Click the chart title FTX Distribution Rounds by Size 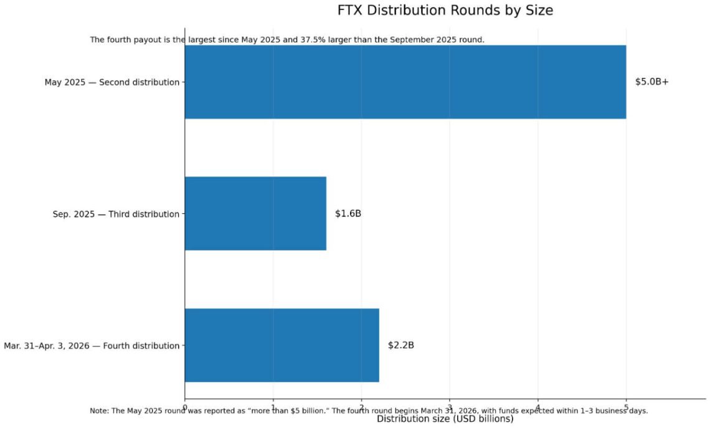click(x=445, y=11)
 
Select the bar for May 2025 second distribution click(x=405, y=82)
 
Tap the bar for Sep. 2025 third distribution click(x=255, y=214)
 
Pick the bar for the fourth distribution click(x=282, y=345)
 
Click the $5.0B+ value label click(x=651, y=82)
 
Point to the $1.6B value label click(x=348, y=214)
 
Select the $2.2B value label click(x=400, y=345)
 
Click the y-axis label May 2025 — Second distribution click(x=112, y=82)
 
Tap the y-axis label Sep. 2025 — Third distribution click(x=116, y=214)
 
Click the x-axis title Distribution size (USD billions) click(x=445, y=419)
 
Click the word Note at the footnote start click(x=98, y=411)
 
